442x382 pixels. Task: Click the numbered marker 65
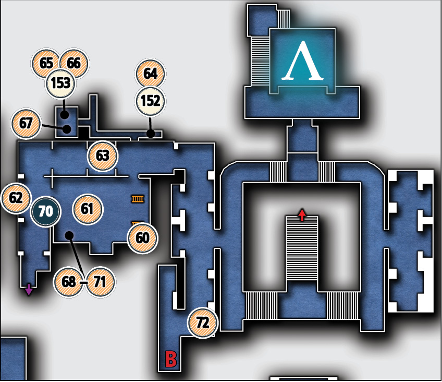[45, 63]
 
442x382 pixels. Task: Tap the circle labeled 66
[74, 63]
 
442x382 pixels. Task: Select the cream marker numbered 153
[60, 83]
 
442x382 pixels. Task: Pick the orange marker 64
[151, 74]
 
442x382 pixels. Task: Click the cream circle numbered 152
[151, 101]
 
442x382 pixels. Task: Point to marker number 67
[26, 123]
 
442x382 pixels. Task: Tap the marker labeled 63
[102, 156]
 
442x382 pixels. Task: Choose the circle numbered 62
[16, 198]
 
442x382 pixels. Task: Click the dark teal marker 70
[45, 211]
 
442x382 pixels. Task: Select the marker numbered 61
[88, 209]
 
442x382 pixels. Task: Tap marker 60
[142, 238]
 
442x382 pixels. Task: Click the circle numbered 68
[68, 282]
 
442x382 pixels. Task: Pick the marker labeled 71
[100, 282]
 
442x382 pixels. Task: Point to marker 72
[203, 323]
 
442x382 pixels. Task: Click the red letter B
[171, 359]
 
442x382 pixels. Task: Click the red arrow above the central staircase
[302, 214]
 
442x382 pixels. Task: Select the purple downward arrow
[29, 290]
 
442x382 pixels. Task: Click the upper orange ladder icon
[138, 199]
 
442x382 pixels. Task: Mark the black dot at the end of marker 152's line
[151, 133]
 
